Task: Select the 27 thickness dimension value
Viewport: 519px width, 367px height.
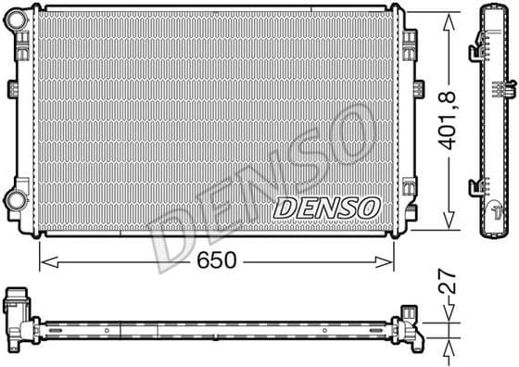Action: coord(449,283)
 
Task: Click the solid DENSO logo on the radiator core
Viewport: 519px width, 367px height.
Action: coord(326,205)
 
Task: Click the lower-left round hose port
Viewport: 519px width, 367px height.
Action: coord(16,198)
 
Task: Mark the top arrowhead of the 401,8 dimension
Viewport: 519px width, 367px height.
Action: coord(449,12)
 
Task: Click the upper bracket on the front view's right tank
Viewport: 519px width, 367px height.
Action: coord(409,40)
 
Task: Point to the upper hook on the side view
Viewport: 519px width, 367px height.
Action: coord(476,41)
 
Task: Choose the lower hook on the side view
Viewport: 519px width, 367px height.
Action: coord(476,186)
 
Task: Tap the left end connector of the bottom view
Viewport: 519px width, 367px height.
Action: coord(19,313)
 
